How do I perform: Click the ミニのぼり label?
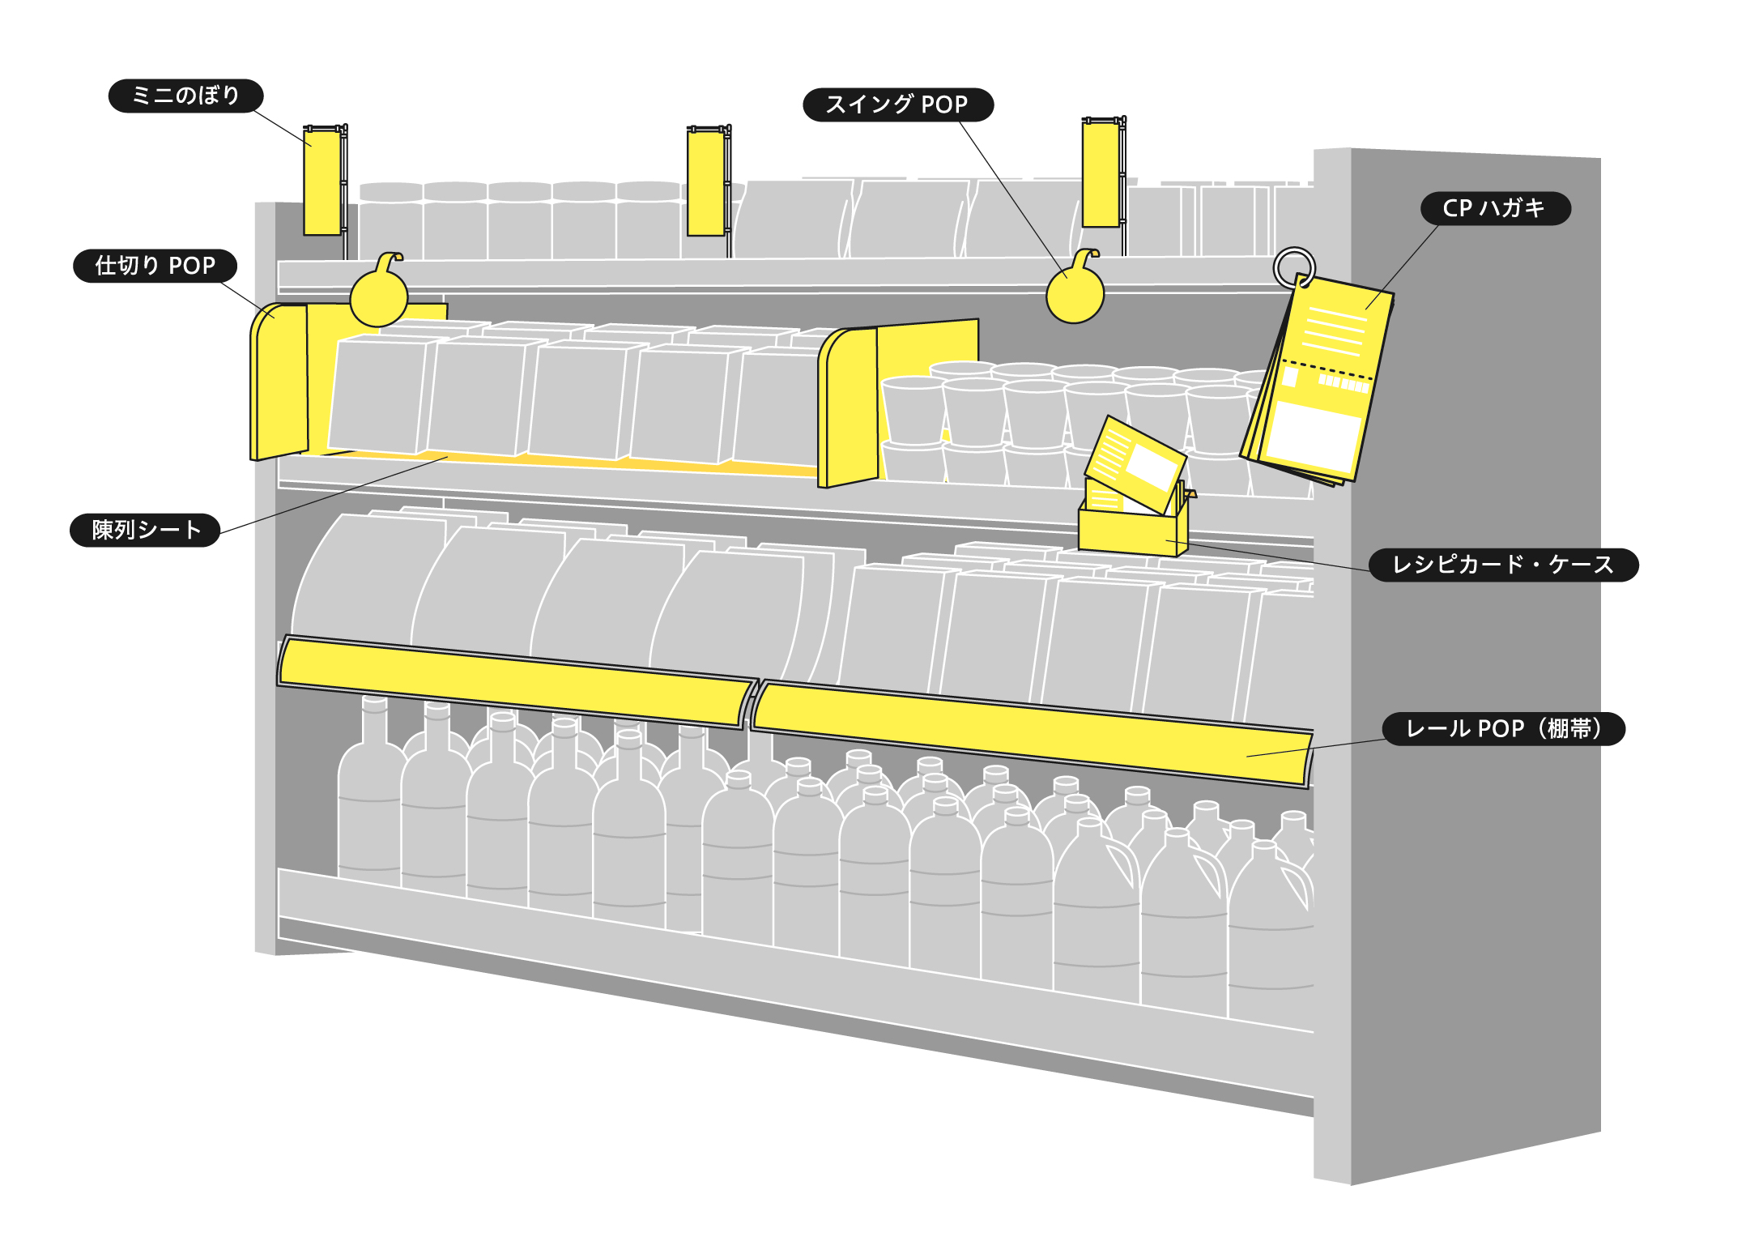185,96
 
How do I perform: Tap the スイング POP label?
897,105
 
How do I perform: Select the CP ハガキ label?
1495,208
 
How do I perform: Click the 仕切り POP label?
155,266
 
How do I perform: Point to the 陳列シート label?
145,530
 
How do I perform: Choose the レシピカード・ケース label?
1503,565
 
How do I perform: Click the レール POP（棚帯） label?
1503,728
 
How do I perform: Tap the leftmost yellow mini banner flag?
322,182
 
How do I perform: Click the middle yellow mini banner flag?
705,183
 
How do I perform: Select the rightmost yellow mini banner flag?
1101,174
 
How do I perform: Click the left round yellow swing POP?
378,296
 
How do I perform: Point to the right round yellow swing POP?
1075,294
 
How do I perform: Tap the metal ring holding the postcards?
1293,266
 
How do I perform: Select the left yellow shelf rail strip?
514,680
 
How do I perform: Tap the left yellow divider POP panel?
279,381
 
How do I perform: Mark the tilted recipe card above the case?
1135,463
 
